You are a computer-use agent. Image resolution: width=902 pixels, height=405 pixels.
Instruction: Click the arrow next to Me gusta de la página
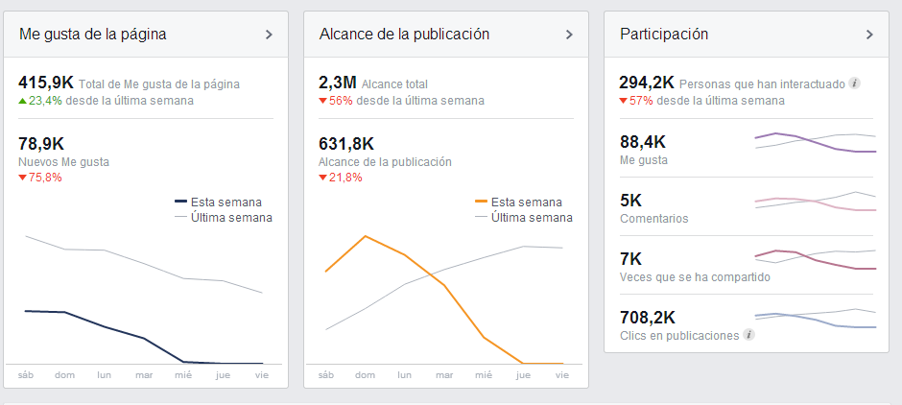(x=269, y=35)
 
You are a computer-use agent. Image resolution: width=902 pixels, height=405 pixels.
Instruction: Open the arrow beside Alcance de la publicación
(x=569, y=35)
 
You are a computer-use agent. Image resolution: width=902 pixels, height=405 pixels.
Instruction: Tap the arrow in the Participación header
(x=869, y=35)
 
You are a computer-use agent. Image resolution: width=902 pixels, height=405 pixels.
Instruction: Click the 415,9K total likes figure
(x=46, y=83)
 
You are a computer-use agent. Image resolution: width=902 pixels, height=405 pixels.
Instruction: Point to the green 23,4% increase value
(x=46, y=101)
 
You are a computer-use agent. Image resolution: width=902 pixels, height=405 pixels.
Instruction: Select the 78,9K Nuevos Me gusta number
(x=40, y=144)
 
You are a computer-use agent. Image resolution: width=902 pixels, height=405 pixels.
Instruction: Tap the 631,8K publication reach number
(x=346, y=144)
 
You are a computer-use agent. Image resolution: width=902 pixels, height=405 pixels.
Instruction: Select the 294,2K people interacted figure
(x=646, y=83)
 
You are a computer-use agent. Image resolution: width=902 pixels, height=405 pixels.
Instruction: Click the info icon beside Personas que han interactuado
(x=855, y=83)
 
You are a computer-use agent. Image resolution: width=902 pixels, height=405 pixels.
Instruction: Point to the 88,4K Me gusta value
(x=643, y=142)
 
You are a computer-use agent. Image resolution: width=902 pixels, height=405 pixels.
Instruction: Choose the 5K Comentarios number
(x=631, y=201)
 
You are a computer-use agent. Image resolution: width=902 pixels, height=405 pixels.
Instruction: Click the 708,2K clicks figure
(x=649, y=317)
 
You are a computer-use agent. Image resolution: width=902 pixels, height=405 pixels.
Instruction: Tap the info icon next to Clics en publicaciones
(x=748, y=335)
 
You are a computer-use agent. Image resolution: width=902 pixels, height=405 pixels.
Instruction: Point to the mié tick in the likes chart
(x=183, y=375)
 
